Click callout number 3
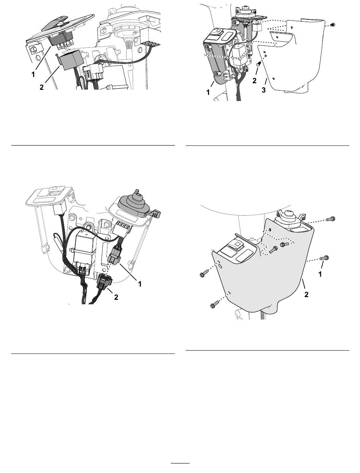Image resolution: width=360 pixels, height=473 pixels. coord(264,90)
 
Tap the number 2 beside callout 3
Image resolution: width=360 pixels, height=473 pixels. coord(254,81)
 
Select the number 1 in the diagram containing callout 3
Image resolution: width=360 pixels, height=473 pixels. coord(208,92)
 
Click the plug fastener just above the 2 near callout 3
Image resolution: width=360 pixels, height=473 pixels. coord(259,64)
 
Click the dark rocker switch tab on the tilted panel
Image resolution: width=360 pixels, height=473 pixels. coord(55,22)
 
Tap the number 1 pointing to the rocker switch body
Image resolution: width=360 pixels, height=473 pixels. coord(33,75)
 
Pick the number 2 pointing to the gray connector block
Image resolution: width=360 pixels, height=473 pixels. coord(41,87)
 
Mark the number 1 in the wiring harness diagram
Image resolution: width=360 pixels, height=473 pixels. coord(140,284)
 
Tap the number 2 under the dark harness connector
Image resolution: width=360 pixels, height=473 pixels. coord(116,297)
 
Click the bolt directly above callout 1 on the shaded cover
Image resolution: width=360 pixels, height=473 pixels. coord(324,257)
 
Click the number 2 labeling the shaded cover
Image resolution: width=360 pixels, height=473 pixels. coord(306,294)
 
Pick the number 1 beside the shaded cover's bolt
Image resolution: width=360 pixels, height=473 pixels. coord(320,274)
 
